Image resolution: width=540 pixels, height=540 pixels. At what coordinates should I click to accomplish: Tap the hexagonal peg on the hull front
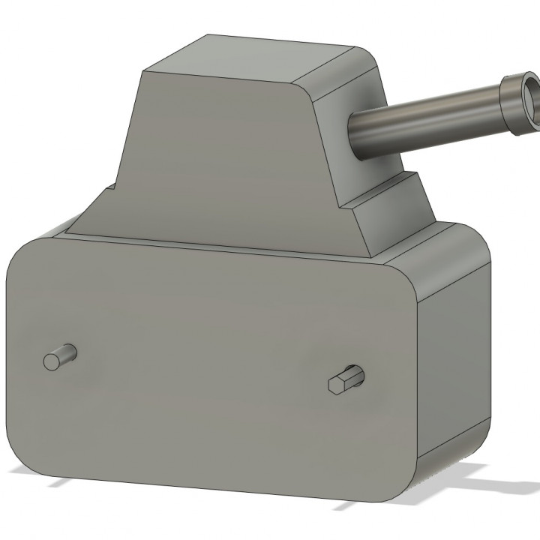343,381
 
